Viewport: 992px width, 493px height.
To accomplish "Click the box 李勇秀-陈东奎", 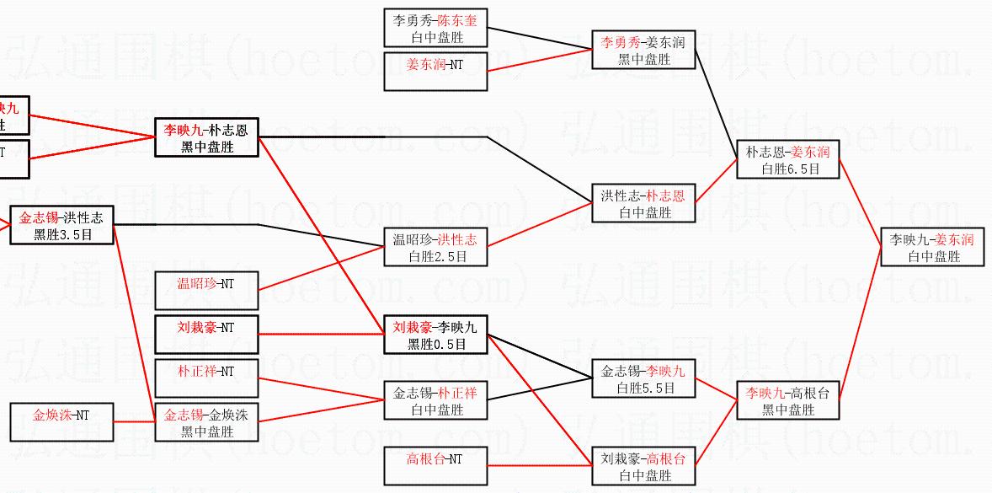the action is click(435, 29).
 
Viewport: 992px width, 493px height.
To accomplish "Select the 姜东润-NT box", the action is click(435, 72).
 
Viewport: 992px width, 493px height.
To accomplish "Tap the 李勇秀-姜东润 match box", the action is click(643, 50).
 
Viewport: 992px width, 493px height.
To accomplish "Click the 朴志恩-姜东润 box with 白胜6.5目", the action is click(787, 160).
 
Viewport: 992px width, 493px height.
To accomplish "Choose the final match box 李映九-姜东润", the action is click(932, 248).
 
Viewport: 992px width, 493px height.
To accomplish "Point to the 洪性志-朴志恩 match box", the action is click(643, 204).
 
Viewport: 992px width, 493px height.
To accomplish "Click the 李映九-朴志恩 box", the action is click(206, 138).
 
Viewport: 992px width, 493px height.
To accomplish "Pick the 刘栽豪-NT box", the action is click(206, 335).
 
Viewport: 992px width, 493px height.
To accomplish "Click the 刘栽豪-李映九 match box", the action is click(435, 335).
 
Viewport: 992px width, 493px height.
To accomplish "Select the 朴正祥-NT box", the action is click(206, 378).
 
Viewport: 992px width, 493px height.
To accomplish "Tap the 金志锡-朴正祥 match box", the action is click(435, 401).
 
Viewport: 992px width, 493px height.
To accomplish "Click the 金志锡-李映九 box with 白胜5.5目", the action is click(643, 379).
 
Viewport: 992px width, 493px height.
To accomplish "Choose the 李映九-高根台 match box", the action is click(787, 401).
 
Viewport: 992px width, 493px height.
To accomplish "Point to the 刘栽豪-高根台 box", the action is click(643, 466).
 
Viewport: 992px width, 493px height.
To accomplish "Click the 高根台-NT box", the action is click(435, 466).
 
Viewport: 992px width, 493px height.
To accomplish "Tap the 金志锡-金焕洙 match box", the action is click(206, 423).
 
